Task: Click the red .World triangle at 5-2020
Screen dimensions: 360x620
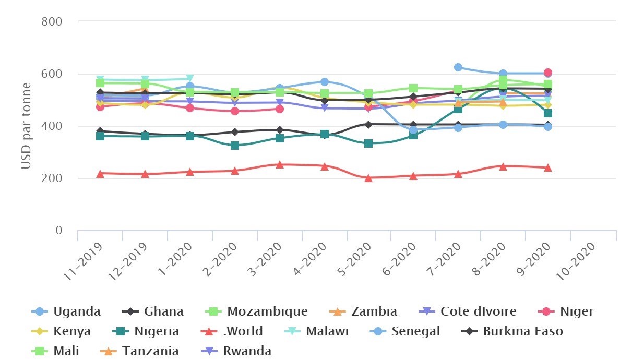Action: point(368,178)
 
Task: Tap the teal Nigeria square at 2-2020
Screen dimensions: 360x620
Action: point(235,145)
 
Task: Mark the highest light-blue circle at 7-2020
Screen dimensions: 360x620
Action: point(458,67)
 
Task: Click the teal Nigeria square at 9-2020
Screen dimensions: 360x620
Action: point(547,113)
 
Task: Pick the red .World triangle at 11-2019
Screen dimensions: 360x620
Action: point(100,173)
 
